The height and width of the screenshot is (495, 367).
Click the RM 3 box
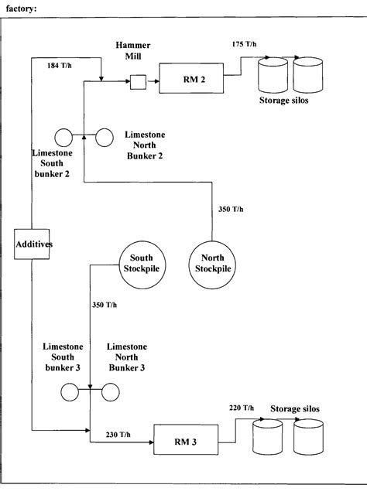click(x=184, y=443)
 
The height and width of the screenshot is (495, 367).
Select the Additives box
click(x=32, y=244)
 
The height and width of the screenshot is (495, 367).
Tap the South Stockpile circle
click(x=139, y=267)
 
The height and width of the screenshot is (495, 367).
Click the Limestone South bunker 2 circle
click(x=63, y=138)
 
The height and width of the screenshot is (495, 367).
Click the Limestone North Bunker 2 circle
click(x=103, y=138)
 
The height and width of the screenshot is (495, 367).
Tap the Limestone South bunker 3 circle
click(x=70, y=393)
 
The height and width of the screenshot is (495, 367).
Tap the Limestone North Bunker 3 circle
click(x=110, y=393)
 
